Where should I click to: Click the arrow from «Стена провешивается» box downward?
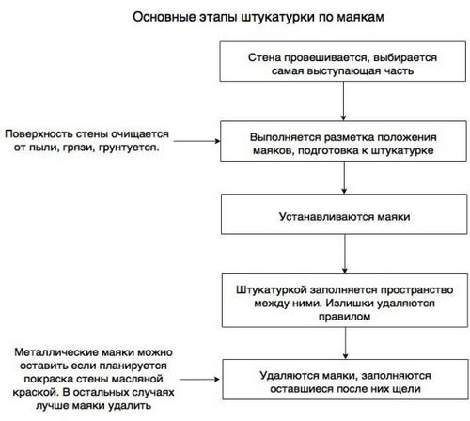point(343,101)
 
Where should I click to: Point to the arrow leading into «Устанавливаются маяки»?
point(344,178)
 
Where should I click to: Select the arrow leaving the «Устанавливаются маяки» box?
point(345,254)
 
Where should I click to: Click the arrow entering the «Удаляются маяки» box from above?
point(345,343)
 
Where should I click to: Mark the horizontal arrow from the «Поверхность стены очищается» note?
point(196,141)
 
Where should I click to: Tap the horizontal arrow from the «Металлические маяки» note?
point(200,380)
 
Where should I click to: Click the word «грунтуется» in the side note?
point(129,148)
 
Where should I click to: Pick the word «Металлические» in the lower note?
point(55,352)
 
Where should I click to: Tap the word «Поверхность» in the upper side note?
point(39,134)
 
